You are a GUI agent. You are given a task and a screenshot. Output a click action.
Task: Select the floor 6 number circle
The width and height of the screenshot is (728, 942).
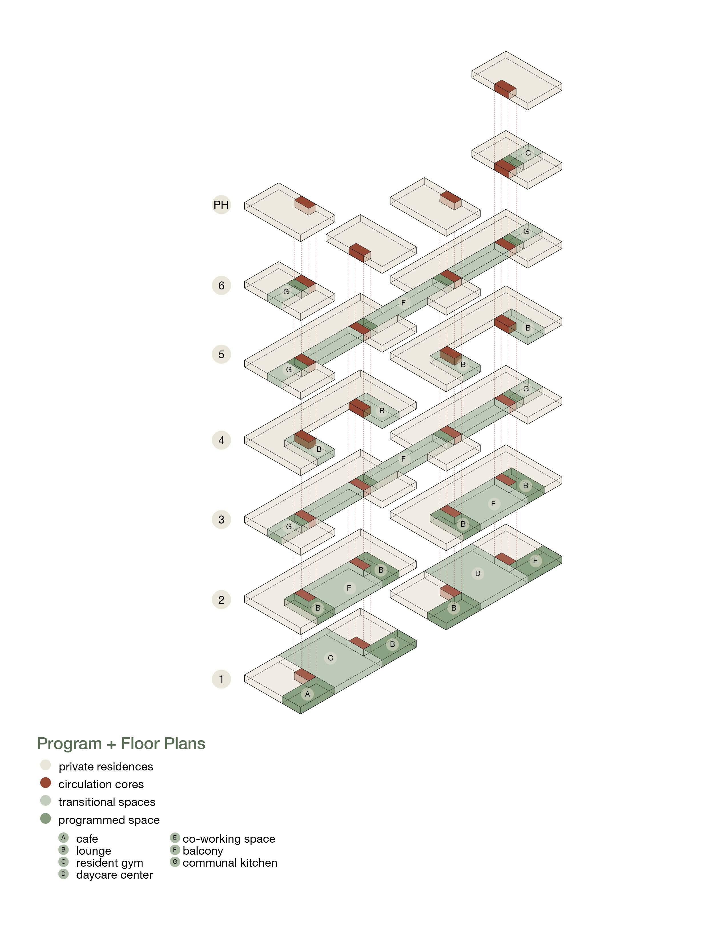221,285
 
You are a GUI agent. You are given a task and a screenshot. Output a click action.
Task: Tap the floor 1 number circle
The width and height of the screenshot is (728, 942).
221,679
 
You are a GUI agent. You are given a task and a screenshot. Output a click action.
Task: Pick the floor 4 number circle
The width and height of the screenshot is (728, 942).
221,440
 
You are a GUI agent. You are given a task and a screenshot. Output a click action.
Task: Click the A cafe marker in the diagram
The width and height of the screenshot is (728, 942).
307,694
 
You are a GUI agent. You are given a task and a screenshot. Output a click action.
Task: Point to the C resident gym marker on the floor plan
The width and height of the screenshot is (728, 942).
330,658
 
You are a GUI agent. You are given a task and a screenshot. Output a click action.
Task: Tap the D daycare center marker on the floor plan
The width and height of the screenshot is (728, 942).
477,573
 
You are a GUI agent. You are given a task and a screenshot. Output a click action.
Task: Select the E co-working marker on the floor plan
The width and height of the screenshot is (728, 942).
535,561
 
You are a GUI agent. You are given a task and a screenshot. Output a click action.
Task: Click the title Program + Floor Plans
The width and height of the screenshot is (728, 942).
121,744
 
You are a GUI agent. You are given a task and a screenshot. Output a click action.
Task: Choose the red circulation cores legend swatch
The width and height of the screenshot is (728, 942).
46,783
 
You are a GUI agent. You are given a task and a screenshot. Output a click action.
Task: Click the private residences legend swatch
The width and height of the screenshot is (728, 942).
46,765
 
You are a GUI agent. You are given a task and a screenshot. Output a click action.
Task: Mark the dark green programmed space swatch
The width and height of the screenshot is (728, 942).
46,819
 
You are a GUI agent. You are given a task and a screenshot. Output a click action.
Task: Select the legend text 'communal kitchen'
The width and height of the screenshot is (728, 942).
230,863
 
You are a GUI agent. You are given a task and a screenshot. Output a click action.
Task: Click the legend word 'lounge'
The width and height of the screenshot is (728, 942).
94,851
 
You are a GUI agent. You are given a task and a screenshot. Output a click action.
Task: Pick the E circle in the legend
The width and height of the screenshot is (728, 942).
175,838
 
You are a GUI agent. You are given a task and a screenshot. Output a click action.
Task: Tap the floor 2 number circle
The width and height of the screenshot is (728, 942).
221,599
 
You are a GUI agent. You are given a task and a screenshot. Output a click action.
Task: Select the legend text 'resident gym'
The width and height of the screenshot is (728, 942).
110,863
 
